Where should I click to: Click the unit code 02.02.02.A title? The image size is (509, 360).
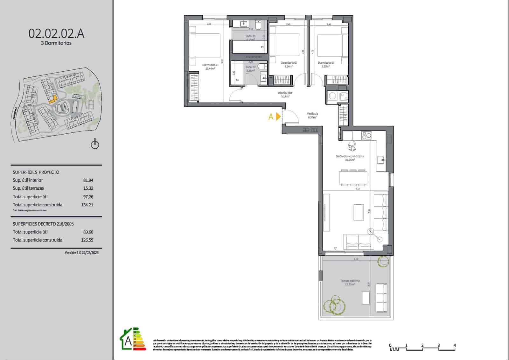click(x=56, y=33)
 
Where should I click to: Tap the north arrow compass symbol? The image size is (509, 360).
click(x=95, y=144)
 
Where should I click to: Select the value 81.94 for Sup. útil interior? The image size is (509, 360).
click(x=88, y=180)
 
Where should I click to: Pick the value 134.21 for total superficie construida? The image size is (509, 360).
click(x=87, y=205)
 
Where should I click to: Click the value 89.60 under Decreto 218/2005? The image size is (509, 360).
click(x=88, y=232)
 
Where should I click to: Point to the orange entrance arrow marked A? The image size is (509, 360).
click(x=278, y=116)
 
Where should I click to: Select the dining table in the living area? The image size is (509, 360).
click(x=353, y=178)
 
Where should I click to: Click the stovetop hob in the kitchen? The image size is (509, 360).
click(x=366, y=136)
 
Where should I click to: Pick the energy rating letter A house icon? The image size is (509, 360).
click(x=128, y=341)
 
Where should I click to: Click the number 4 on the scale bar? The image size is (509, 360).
click(x=455, y=345)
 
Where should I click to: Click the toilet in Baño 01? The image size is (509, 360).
click(x=258, y=24)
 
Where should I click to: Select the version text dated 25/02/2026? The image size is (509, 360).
click(x=81, y=252)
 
